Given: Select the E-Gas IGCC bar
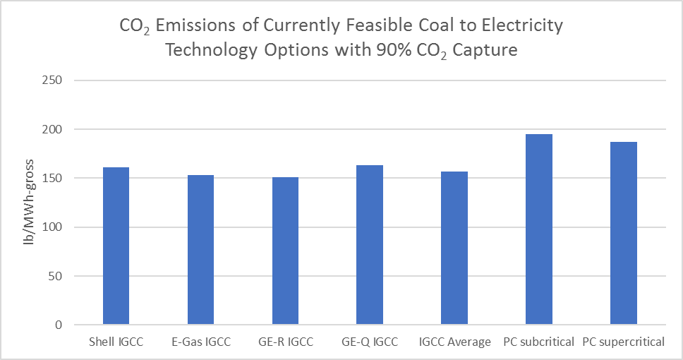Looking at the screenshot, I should [x=200, y=250].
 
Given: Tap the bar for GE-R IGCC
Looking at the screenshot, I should [x=285, y=251].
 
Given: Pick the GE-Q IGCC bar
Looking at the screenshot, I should [x=370, y=245].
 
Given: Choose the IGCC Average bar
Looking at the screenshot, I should [x=454, y=248].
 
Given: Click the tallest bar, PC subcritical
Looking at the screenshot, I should [x=539, y=229].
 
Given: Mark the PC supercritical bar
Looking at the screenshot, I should [x=624, y=233].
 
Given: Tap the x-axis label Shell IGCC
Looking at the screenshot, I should [x=116, y=342].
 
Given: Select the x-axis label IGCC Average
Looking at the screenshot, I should [x=454, y=342].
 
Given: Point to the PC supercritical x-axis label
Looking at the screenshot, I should [x=624, y=342].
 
